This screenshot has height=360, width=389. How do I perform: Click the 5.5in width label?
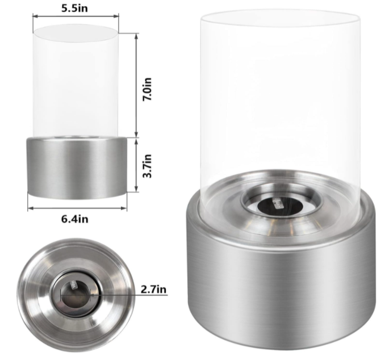click(x=74, y=8)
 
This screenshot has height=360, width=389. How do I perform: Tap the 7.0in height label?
click(x=147, y=89)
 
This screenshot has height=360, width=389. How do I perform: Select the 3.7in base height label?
click(x=147, y=166)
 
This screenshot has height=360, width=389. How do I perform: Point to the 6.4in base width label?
click(x=74, y=219)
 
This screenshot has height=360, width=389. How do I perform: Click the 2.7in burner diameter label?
click(x=153, y=289)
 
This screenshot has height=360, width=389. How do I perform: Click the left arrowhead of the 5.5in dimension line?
click(x=35, y=16)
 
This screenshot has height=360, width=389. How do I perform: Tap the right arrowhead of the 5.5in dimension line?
click(x=116, y=16)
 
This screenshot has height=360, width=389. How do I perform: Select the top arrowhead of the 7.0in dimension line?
click(x=136, y=35)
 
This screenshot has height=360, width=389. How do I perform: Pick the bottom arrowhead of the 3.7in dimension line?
click(x=136, y=189)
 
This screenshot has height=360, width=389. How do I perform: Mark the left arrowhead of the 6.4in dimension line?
click(x=30, y=208)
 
